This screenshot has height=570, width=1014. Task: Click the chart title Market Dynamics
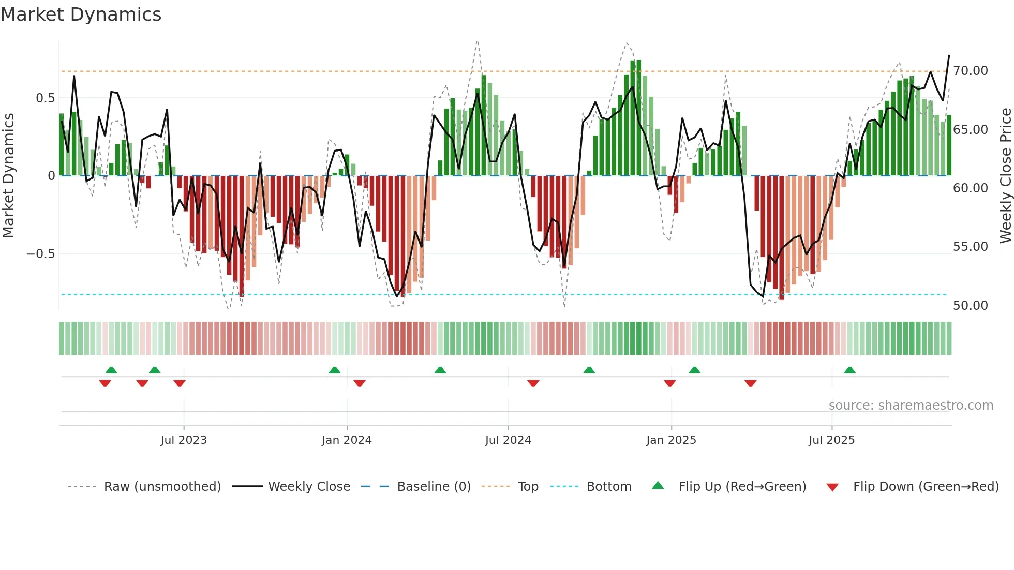click(81, 14)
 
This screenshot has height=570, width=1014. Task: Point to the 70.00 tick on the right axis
click(971, 71)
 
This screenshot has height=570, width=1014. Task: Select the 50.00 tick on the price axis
click(971, 306)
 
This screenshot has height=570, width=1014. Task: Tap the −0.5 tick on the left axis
click(40, 254)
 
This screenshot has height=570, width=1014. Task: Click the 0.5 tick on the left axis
click(45, 98)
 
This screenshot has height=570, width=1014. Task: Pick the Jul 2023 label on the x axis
click(183, 440)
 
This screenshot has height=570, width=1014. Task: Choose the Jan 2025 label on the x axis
click(671, 440)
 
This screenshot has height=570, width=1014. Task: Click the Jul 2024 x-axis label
click(508, 440)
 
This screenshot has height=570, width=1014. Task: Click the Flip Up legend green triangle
click(658, 486)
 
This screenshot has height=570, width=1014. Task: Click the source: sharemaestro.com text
click(911, 406)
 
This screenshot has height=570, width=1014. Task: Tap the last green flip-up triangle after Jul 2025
click(849, 370)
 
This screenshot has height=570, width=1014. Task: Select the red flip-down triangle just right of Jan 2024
click(360, 383)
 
